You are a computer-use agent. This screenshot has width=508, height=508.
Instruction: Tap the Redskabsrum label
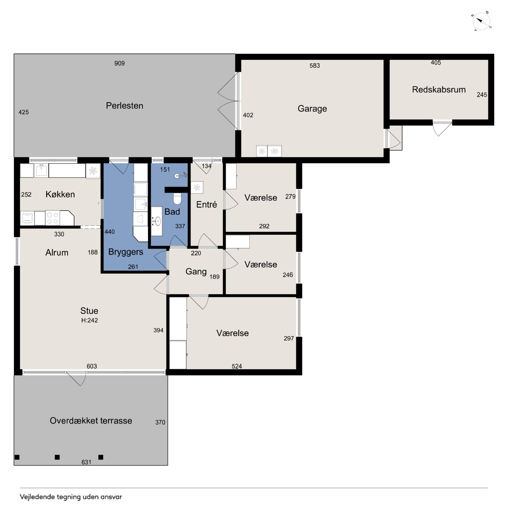[x=439, y=89]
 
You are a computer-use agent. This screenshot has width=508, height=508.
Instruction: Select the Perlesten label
[x=124, y=106]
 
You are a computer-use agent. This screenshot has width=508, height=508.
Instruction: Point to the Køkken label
[x=60, y=194]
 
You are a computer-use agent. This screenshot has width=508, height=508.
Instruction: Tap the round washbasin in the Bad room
[x=157, y=221]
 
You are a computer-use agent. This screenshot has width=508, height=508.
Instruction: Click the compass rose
[x=481, y=21]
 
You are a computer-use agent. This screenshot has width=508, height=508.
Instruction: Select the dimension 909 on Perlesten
[x=119, y=63]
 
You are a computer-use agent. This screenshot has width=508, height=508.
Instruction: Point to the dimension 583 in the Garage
[x=315, y=65]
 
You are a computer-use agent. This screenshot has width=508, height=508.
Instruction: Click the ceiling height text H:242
[x=89, y=320]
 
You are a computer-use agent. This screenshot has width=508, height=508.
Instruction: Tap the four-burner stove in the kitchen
[x=52, y=218]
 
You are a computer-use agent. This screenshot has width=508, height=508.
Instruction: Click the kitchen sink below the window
[x=41, y=170]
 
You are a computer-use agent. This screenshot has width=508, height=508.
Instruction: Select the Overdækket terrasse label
[x=91, y=420]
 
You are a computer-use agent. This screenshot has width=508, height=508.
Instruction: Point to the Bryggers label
[x=126, y=252]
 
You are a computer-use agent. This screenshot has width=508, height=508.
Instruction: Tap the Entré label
[x=207, y=205]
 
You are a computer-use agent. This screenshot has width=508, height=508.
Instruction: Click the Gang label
[x=196, y=271]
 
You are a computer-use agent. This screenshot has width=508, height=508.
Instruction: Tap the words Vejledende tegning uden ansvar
[x=71, y=497]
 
